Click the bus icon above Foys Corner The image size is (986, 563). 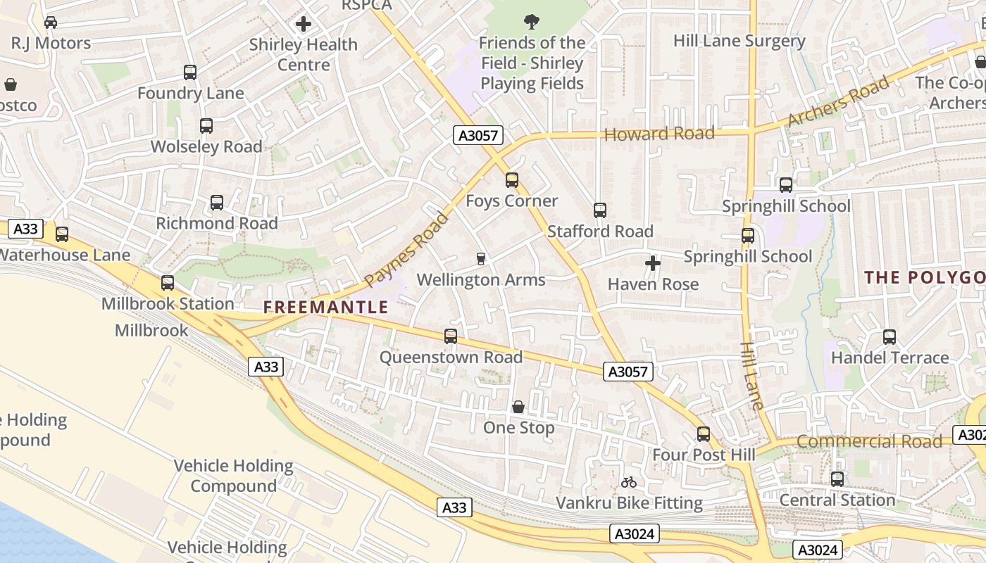tap(512, 180)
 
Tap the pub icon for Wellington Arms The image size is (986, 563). tap(481, 259)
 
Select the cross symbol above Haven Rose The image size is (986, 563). tap(653, 263)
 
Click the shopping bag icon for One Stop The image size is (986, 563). tap(518, 407)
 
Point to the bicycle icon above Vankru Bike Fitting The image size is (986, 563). tap(629, 482)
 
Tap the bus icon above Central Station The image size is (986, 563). tap(837, 479)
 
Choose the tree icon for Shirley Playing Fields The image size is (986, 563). tap(532, 22)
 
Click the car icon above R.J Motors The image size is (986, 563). tap(51, 23)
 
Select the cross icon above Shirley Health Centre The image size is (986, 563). tap(304, 24)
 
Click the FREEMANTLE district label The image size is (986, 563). tap(325, 307)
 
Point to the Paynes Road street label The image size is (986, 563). tap(406, 249)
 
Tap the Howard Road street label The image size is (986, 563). tap(659, 134)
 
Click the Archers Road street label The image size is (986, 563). tap(837, 103)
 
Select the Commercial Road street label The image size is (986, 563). tap(869, 442)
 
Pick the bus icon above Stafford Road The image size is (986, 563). tap(600, 210)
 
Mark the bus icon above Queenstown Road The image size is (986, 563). tap(451, 336)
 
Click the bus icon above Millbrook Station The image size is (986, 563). tap(168, 283)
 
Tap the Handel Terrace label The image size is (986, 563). tap(890, 358)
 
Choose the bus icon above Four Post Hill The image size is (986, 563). tap(703, 434)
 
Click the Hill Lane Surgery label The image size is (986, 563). tap(739, 41)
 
